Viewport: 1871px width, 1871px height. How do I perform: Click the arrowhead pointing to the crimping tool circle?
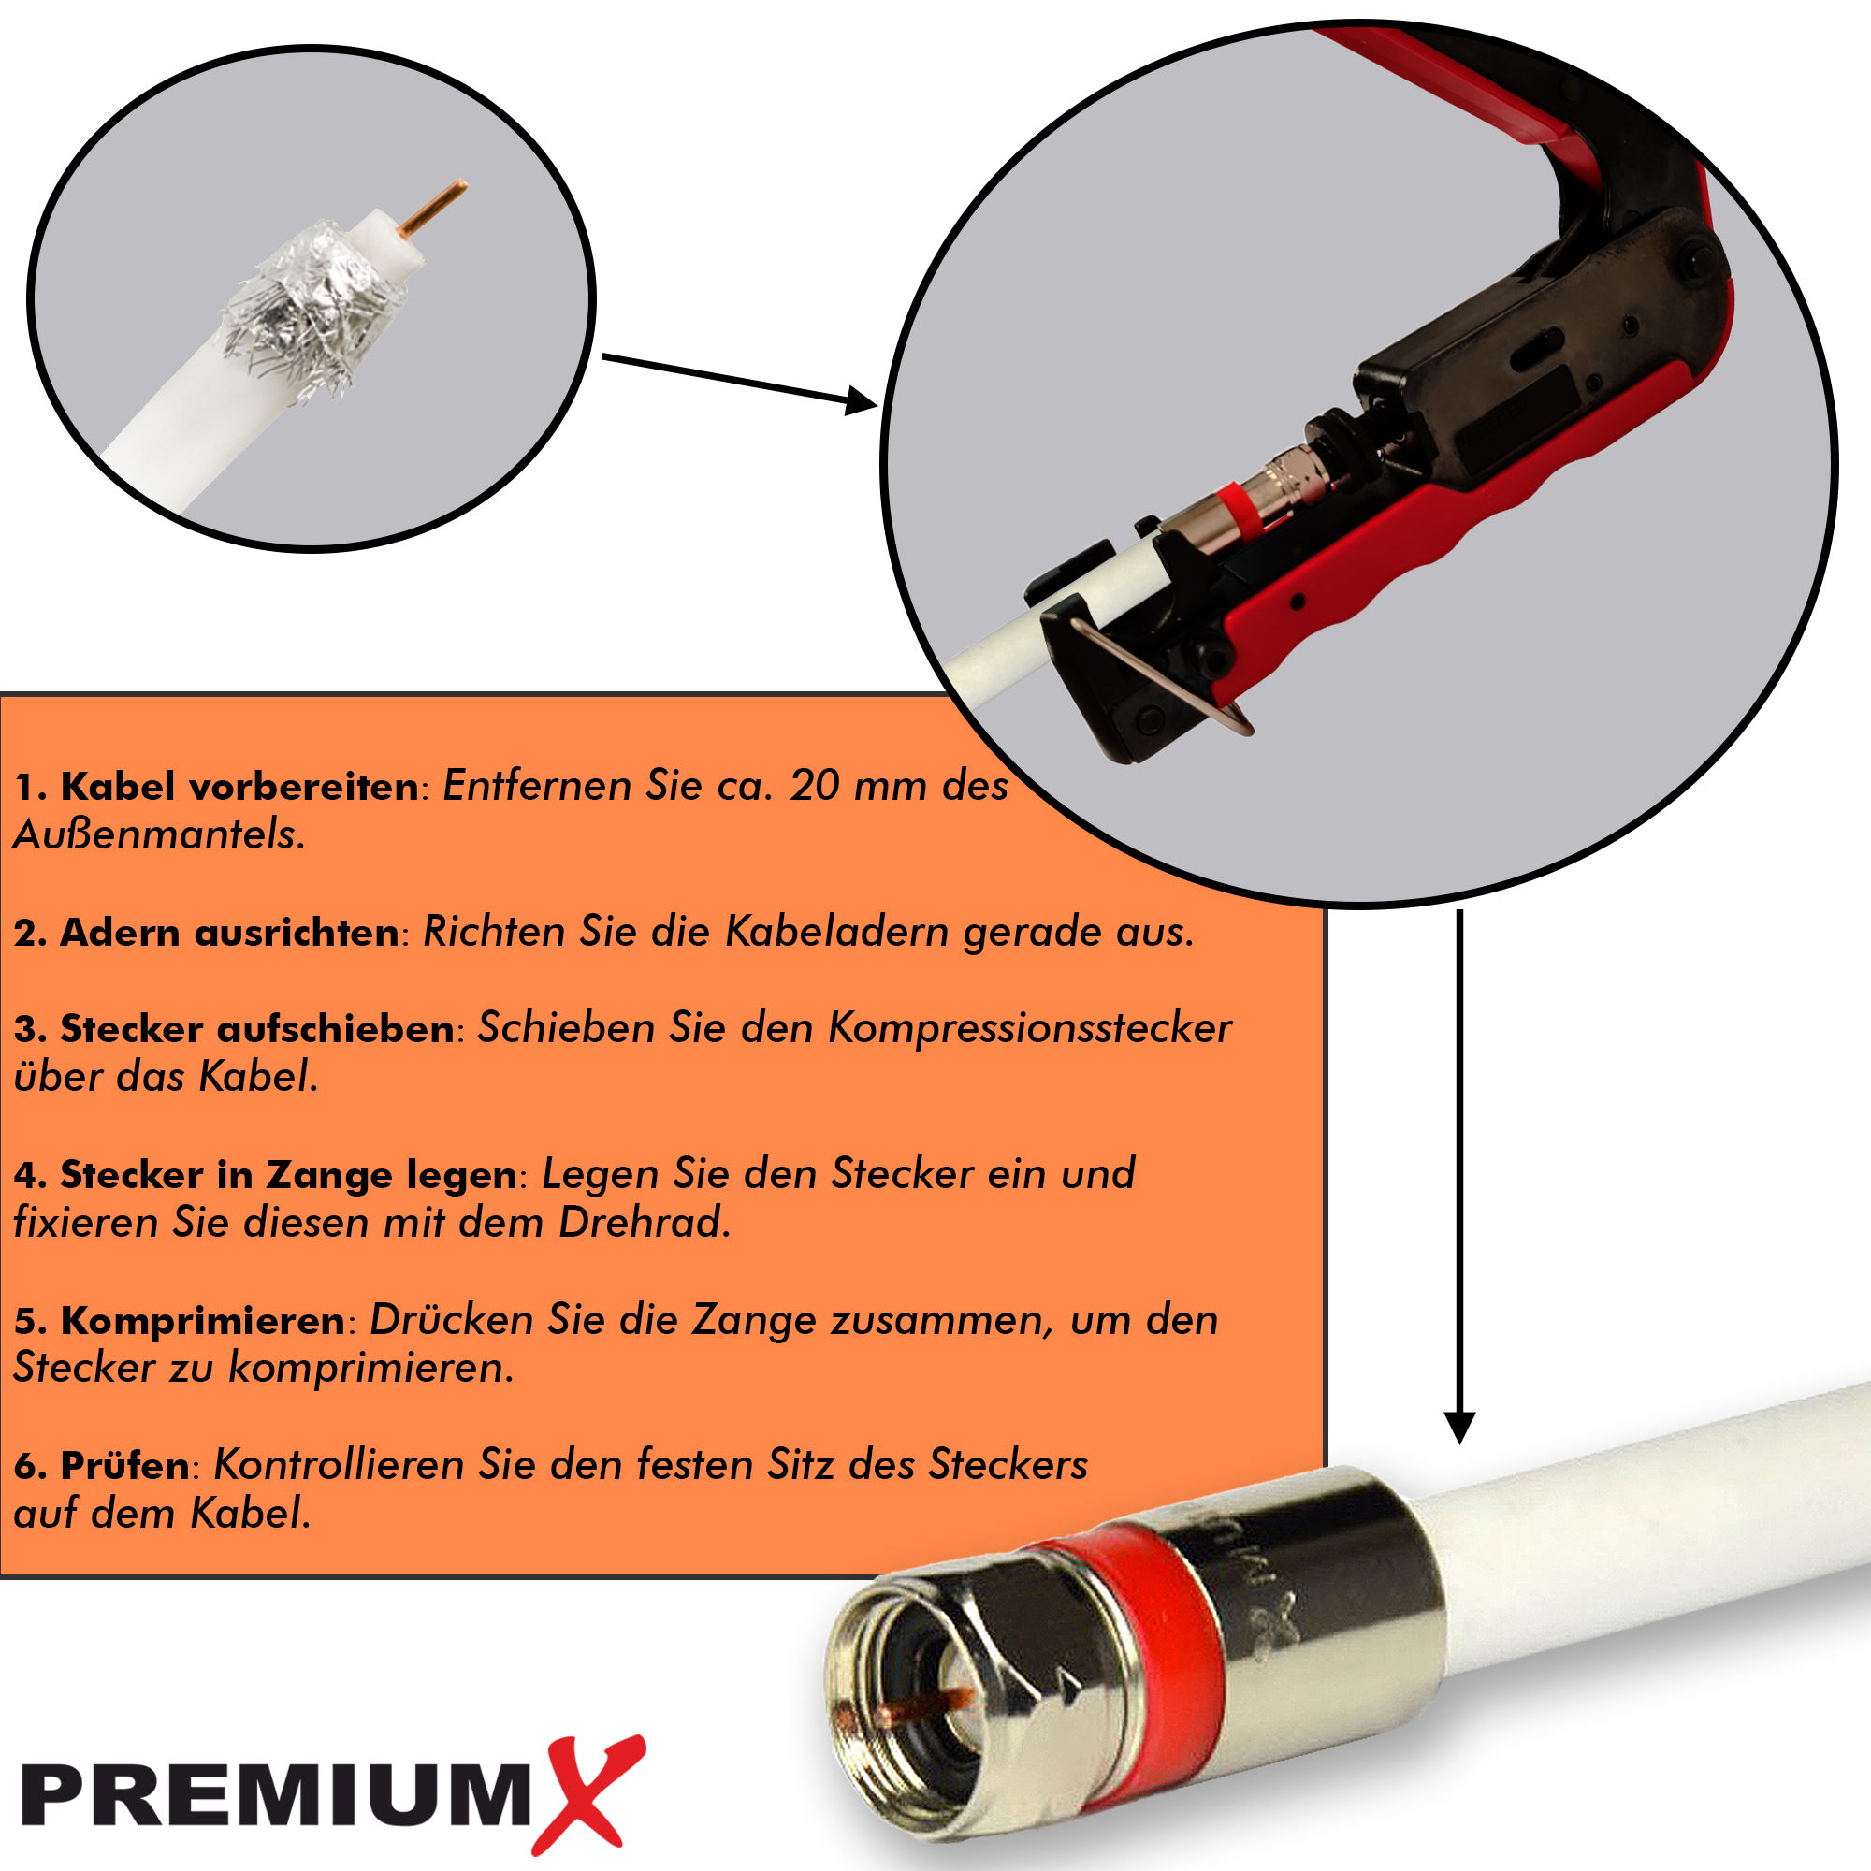(861, 400)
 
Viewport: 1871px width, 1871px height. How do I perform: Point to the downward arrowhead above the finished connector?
(1459, 1428)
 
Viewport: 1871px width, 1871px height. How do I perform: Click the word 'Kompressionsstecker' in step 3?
(1029, 1027)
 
